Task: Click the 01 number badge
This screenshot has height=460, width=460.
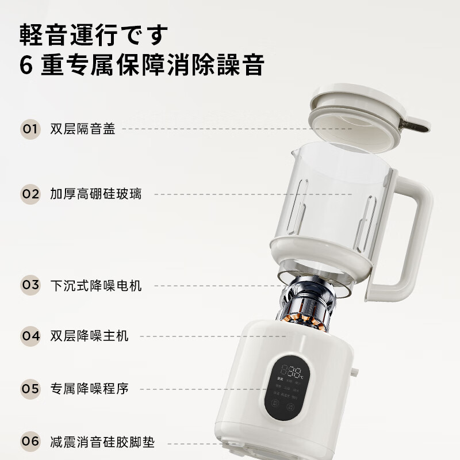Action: coord(30,129)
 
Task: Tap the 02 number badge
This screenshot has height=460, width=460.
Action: coord(30,194)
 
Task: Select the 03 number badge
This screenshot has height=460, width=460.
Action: coord(30,285)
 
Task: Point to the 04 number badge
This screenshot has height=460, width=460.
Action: coord(30,336)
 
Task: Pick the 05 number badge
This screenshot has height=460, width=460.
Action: coord(30,389)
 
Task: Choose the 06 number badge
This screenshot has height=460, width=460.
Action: coord(30,442)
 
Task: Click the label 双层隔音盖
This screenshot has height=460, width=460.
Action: coord(83,129)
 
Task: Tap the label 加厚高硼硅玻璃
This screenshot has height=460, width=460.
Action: coord(95,194)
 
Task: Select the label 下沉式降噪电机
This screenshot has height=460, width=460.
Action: coord(95,285)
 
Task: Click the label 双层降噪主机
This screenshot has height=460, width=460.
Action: coord(89,336)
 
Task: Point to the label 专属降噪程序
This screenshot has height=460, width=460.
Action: coord(89,389)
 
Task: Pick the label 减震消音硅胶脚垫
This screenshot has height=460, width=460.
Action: coord(102,442)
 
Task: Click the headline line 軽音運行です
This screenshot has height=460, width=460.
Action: coord(95,34)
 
